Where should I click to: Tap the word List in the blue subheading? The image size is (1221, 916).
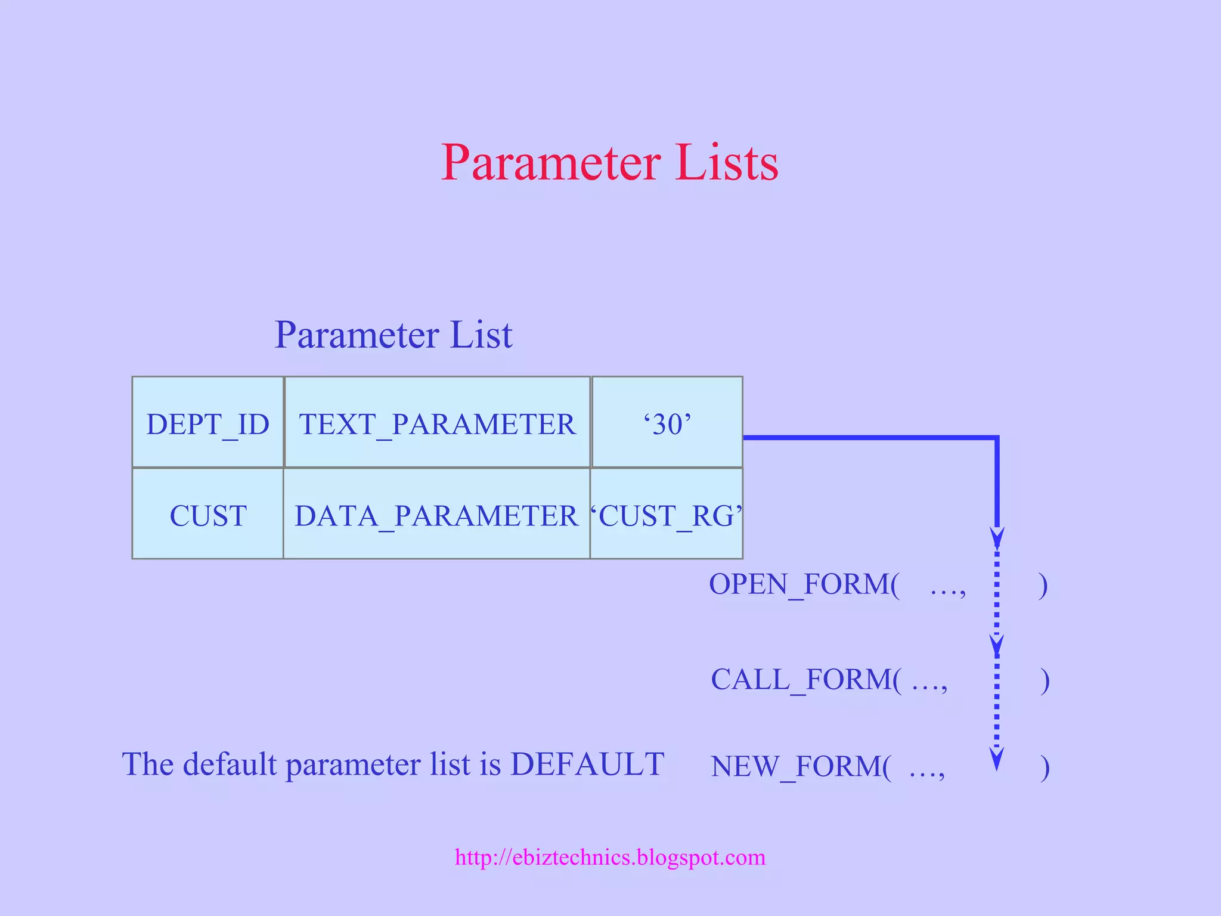[481, 335]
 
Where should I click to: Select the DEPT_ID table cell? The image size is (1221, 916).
[207, 423]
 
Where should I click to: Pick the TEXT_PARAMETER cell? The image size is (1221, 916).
[437, 423]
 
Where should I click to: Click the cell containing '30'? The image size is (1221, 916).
[667, 423]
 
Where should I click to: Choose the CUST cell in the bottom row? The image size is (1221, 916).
[207, 515]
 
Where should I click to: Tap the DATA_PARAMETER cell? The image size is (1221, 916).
[436, 515]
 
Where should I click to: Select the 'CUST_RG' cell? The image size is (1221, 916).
[667, 515]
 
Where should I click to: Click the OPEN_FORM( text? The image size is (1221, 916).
[804, 584]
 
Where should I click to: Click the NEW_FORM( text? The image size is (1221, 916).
[801, 766]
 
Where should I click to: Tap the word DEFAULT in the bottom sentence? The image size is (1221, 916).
[587, 764]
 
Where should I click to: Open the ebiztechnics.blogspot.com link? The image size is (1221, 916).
[610, 857]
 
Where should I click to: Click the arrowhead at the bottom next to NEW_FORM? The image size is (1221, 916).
[996, 759]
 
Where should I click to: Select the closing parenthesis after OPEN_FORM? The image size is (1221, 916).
[1042, 585]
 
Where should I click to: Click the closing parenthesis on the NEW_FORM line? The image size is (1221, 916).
[1044, 768]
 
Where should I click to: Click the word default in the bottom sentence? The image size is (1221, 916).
[229, 764]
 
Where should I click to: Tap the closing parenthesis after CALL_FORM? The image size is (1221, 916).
[1044, 680]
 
